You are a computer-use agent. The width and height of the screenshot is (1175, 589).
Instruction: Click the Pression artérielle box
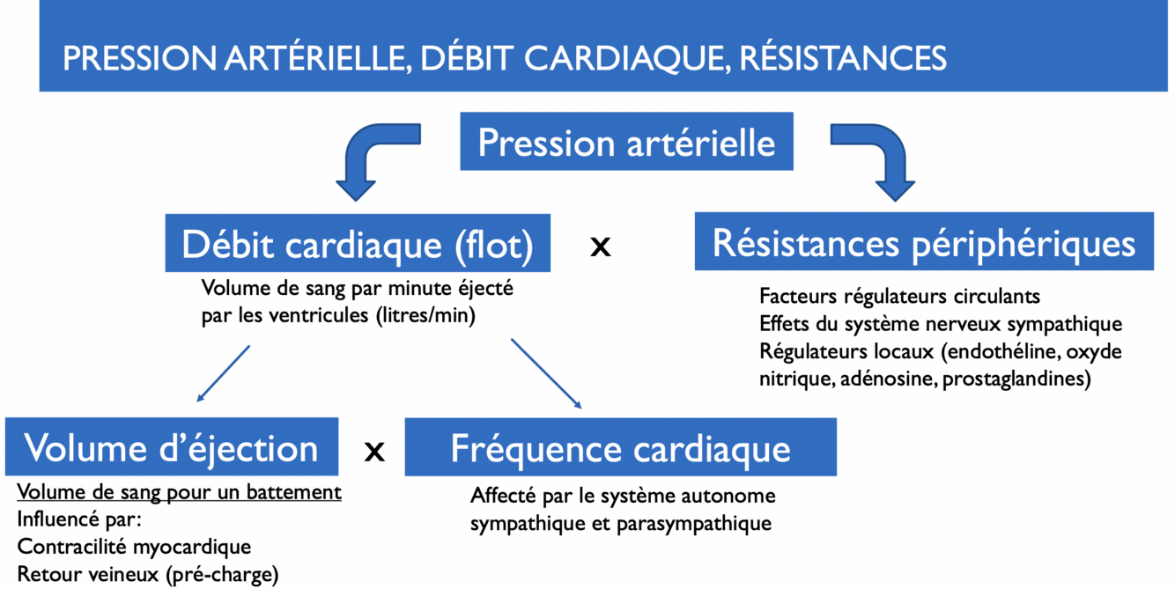coord(626,142)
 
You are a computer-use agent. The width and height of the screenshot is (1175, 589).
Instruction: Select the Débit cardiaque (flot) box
coord(358,244)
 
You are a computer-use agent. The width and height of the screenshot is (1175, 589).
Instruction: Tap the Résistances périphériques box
coord(923,242)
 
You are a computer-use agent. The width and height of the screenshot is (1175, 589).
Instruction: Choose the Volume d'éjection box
coord(172,447)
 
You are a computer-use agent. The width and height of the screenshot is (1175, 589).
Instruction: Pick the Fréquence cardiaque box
coord(620,447)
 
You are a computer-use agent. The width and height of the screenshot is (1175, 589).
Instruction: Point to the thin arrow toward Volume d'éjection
coord(224,372)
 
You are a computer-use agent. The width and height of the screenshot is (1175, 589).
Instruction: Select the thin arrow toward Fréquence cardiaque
coord(546,373)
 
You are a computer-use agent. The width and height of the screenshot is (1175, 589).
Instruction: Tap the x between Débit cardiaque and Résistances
coord(600,247)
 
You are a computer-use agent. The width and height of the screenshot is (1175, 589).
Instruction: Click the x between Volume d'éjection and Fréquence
coord(374,452)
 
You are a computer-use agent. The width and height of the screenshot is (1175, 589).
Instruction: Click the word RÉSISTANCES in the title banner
coord(843,58)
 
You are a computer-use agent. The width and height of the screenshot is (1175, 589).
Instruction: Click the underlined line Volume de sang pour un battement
coord(179,491)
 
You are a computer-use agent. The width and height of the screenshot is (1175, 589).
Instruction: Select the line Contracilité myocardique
coord(134,546)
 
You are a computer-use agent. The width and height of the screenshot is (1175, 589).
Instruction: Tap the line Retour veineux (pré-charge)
coord(147,574)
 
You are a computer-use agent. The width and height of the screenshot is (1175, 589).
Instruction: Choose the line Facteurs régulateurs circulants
coord(899,297)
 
